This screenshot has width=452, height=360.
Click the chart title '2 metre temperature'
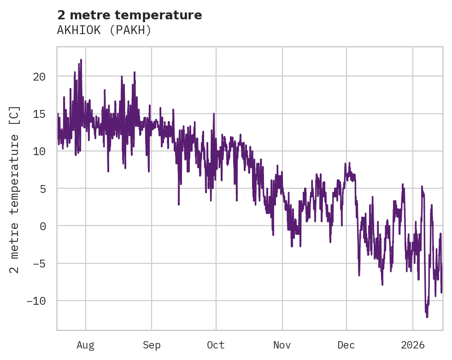(129, 15)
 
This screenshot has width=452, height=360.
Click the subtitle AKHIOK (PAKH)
(104, 30)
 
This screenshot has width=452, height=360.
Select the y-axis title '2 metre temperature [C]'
(15, 190)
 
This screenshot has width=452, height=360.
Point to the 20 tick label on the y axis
(39, 76)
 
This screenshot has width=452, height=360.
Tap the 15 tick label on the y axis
(39, 114)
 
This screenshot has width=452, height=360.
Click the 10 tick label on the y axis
(39, 151)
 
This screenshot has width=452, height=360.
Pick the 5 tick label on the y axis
(42, 189)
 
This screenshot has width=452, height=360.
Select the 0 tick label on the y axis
(42, 226)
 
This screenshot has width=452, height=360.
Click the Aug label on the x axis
(86, 345)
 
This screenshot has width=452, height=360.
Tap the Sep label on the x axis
(152, 345)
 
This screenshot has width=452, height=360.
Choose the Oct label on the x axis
(216, 345)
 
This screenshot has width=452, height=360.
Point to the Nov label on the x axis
(282, 345)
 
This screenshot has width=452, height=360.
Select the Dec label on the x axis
(346, 345)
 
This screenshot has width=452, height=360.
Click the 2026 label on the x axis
(413, 345)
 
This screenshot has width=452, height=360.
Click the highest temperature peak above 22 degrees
(81, 60)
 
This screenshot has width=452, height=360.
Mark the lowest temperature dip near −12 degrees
(427, 317)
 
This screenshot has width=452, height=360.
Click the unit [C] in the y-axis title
(15, 116)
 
